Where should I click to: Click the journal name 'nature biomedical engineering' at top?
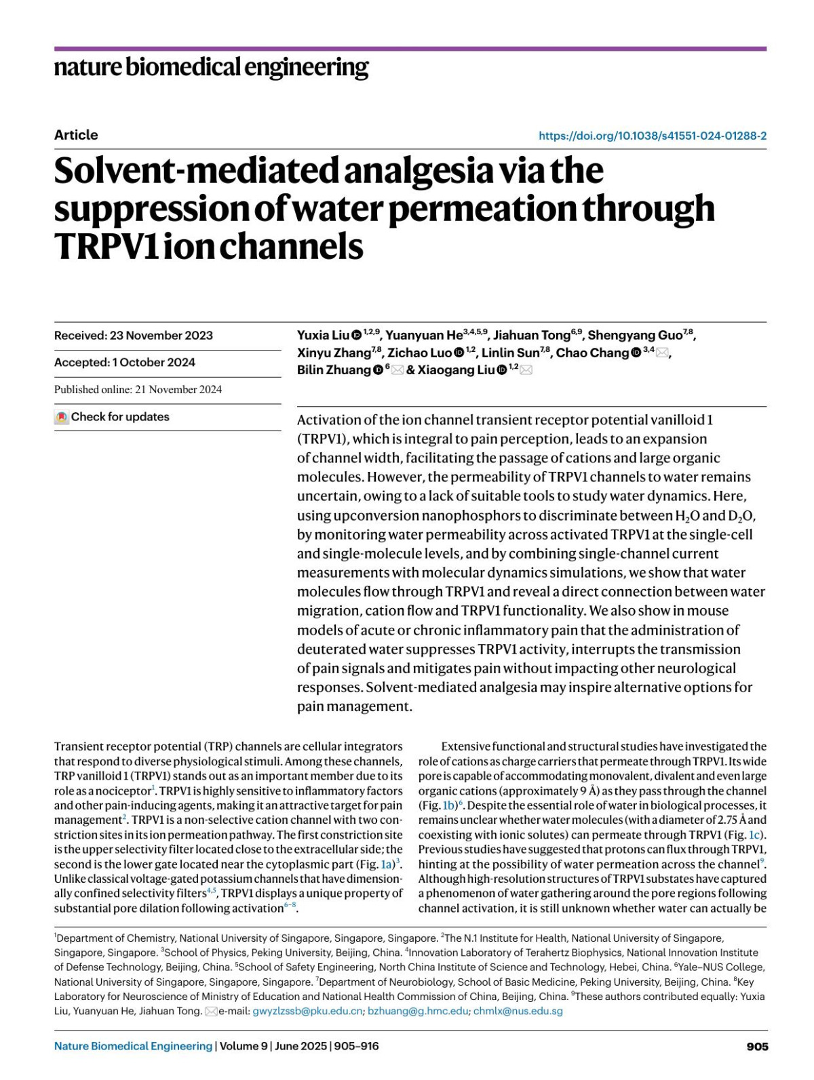(211, 68)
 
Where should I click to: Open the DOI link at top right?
(652, 136)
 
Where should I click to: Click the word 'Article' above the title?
(76, 135)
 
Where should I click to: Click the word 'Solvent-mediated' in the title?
(194, 171)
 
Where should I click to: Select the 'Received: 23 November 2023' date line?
(134, 336)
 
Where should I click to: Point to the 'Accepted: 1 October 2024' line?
(125, 363)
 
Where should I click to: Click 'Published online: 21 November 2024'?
(138, 390)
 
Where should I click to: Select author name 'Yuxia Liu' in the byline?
(323, 336)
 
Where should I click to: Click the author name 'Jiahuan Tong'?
(531, 336)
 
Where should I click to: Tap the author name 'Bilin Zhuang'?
(334, 370)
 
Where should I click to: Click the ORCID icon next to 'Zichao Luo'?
(459, 353)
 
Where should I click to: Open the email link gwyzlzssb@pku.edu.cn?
(307, 1012)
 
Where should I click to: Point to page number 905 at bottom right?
(757, 1047)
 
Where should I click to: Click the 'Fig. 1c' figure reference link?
(748, 835)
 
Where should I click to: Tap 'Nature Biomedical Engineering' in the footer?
(133, 1047)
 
